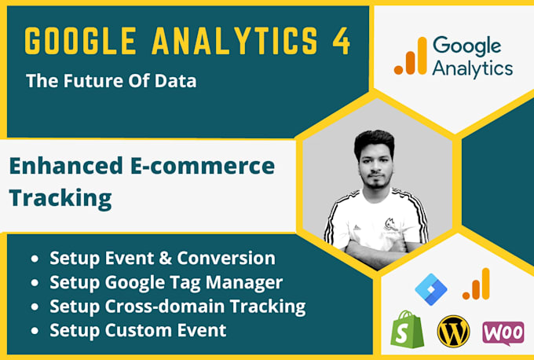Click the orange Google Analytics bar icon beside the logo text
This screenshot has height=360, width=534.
click(x=410, y=57)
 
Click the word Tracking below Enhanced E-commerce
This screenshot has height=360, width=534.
click(x=60, y=198)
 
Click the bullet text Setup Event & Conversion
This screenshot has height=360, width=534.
click(x=163, y=258)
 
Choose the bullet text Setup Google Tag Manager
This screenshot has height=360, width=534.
click(x=166, y=281)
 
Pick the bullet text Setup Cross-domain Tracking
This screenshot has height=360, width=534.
click(x=177, y=306)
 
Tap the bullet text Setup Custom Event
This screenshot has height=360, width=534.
click(x=138, y=329)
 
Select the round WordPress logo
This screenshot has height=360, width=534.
click(x=455, y=331)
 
